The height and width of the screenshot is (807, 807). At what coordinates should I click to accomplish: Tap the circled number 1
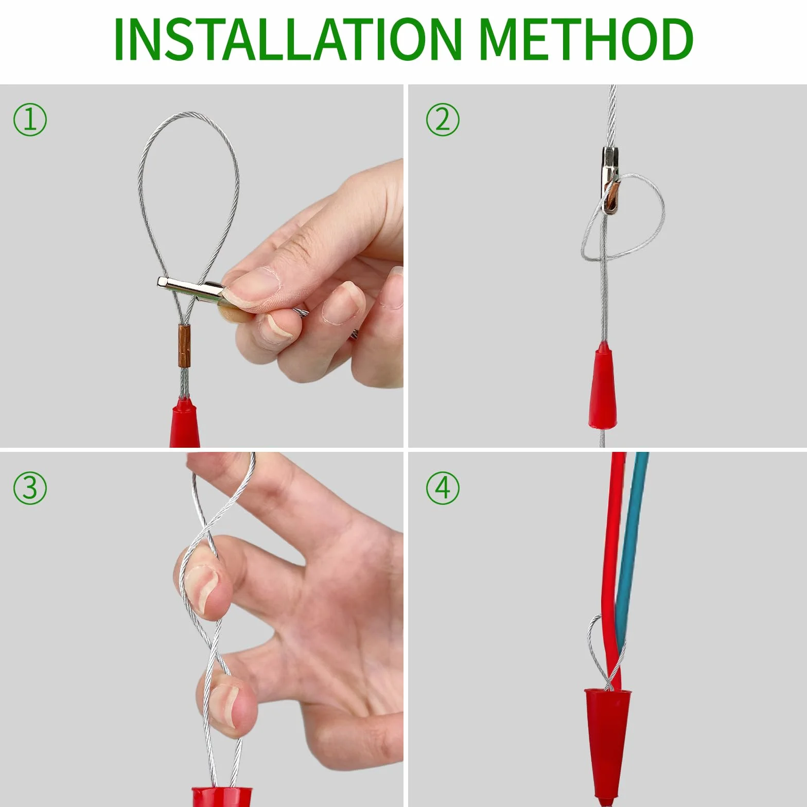[x=30, y=119]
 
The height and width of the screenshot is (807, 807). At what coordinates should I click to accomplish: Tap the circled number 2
[x=443, y=119]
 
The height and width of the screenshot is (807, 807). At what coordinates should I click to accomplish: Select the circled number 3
[x=30, y=487]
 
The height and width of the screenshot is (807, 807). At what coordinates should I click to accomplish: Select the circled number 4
[x=443, y=487]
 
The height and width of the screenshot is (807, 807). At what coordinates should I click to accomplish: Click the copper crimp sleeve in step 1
[x=184, y=345]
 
